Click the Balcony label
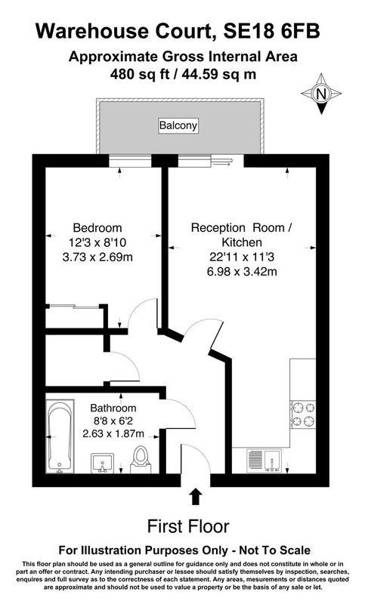click(x=178, y=125)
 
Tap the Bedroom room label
click(x=97, y=227)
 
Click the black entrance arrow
click(x=195, y=496)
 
